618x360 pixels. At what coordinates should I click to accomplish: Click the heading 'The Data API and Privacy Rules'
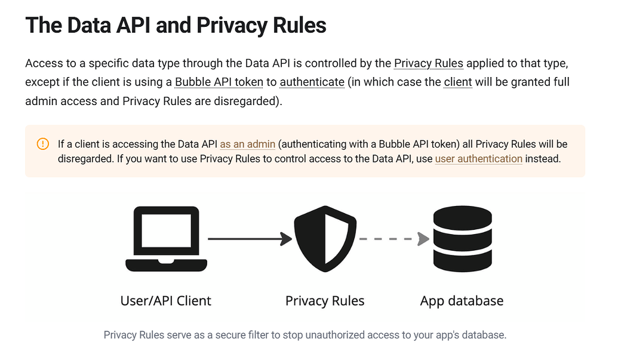176,26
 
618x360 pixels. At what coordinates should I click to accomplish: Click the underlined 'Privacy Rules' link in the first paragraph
428,63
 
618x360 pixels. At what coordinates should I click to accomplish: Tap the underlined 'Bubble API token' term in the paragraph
219,82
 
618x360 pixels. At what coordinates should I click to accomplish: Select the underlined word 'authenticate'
312,82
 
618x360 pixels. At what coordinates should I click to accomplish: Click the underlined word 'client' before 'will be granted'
458,82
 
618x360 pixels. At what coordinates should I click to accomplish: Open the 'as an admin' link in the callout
247,144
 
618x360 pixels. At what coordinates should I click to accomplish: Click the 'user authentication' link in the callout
478,159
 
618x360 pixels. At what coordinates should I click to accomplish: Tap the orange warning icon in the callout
43,144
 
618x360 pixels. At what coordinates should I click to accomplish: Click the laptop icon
166,239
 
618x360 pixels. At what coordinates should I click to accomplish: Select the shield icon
325,239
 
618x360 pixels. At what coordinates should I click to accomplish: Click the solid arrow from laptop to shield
250,239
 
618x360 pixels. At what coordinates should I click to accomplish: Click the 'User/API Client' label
166,300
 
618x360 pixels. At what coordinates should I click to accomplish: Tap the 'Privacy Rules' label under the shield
325,300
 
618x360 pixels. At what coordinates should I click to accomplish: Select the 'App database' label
462,300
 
